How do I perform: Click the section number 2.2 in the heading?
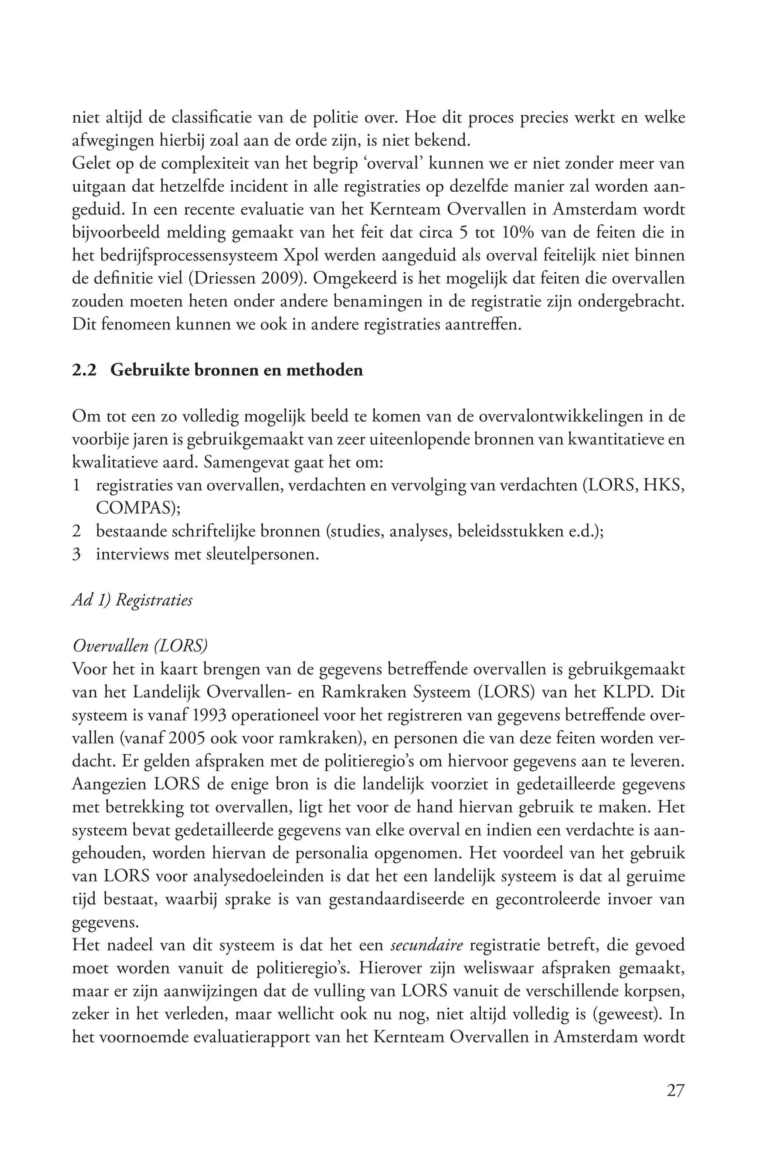coord(84,370)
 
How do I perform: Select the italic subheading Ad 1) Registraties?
coord(132,600)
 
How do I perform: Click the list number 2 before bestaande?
coord(76,531)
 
